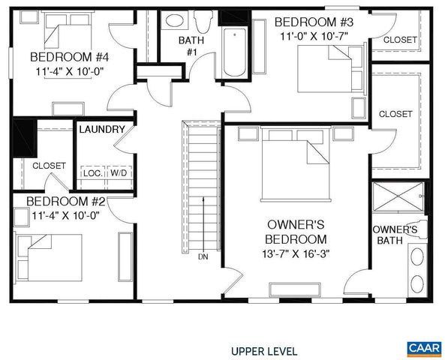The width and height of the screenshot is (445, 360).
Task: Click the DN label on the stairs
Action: (x=203, y=256)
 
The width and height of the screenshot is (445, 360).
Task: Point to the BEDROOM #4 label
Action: (x=59, y=57)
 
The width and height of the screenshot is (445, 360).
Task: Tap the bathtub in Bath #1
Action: (x=236, y=52)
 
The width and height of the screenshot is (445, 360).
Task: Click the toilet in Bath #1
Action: (x=203, y=22)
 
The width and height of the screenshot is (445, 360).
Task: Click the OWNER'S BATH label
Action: (x=395, y=235)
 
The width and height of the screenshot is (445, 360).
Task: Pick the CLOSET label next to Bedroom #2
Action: (x=49, y=165)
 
